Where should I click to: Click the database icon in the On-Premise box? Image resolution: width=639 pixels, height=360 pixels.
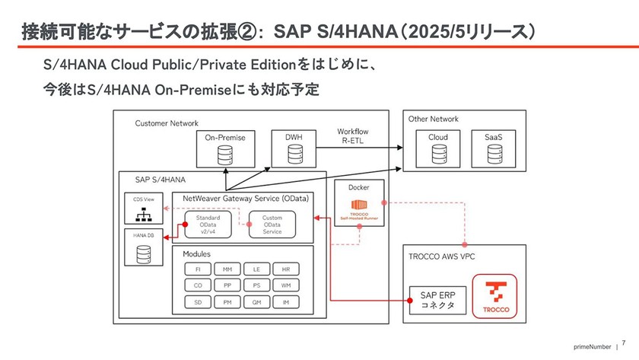pos(224,155)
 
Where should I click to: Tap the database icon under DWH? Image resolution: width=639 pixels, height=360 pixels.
pos(294,155)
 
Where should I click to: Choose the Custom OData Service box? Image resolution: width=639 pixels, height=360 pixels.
pos(272,224)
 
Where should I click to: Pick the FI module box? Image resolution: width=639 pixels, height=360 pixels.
pos(198,269)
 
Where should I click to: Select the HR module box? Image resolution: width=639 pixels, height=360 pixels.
pos(285,269)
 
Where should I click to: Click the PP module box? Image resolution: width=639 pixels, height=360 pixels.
pos(227,285)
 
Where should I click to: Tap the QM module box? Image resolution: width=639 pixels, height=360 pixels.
pos(256,302)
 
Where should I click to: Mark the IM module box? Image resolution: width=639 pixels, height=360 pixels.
pos(285,302)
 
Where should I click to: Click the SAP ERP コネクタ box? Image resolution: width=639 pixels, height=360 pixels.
pos(437,299)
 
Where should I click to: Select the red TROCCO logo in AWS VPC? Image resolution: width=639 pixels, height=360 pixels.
pos(495,295)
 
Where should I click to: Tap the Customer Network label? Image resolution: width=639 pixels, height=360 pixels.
pos(167,123)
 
